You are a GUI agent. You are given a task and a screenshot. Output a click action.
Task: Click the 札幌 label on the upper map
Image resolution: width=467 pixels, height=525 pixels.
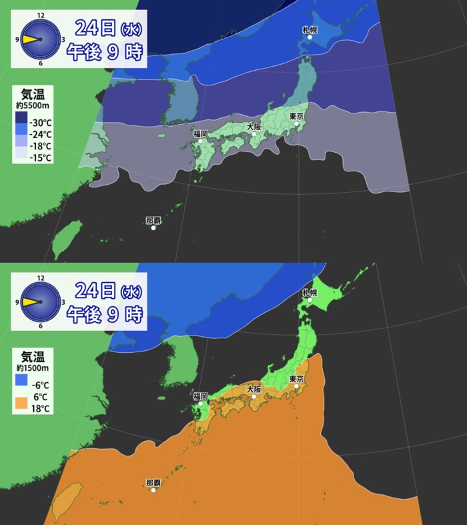pyautogui.click(x=309, y=29)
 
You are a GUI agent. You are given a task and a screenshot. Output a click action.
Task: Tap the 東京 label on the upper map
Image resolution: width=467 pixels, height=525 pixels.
pyautogui.click(x=297, y=117)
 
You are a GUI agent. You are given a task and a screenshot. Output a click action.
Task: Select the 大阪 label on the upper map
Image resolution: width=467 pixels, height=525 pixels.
pyautogui.click(x=254, y=126)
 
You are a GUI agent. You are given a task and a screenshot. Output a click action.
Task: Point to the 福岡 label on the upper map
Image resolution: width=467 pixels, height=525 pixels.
pyautogui.click(x=200, y=133)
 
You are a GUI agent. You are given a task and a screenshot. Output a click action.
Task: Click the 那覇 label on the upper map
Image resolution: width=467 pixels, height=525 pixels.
pyautogui.click(x=153, y=220)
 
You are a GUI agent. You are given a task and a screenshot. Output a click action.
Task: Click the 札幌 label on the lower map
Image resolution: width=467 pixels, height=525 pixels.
pyautogui.click(x=309, y=292)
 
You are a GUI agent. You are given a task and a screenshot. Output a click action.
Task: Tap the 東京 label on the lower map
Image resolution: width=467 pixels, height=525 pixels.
pyautogui.click(x=297, y=379)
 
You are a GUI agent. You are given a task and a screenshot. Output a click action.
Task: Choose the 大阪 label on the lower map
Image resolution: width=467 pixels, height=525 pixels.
pyautogui.click(x=254, y=389)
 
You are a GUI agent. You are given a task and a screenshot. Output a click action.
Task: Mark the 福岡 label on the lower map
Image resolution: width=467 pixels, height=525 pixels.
pyautogui.click(x=200, y=396)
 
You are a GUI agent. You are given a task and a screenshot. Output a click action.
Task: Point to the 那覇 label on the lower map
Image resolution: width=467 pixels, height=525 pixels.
pyautogui.click(x=153, y=483)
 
